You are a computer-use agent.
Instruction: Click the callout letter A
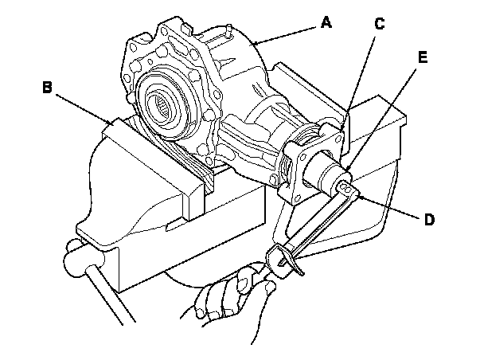point(326,23)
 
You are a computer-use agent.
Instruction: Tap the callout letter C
point(380,24)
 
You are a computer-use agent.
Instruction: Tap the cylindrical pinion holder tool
point(327,172)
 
